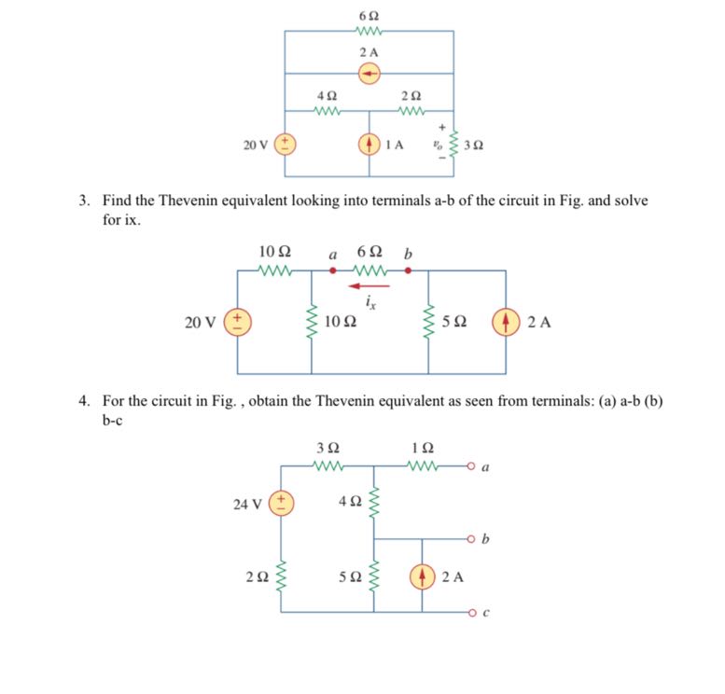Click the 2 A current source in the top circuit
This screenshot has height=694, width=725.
370,73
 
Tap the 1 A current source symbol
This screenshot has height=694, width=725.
370,145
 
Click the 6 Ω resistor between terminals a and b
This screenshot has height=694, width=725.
370,271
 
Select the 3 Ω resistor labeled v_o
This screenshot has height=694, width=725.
454,145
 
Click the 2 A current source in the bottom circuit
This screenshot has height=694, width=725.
422,576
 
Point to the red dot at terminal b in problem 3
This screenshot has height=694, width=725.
407,271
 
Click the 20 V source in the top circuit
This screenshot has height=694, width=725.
286,145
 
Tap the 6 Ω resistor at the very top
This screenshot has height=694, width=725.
369,31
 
